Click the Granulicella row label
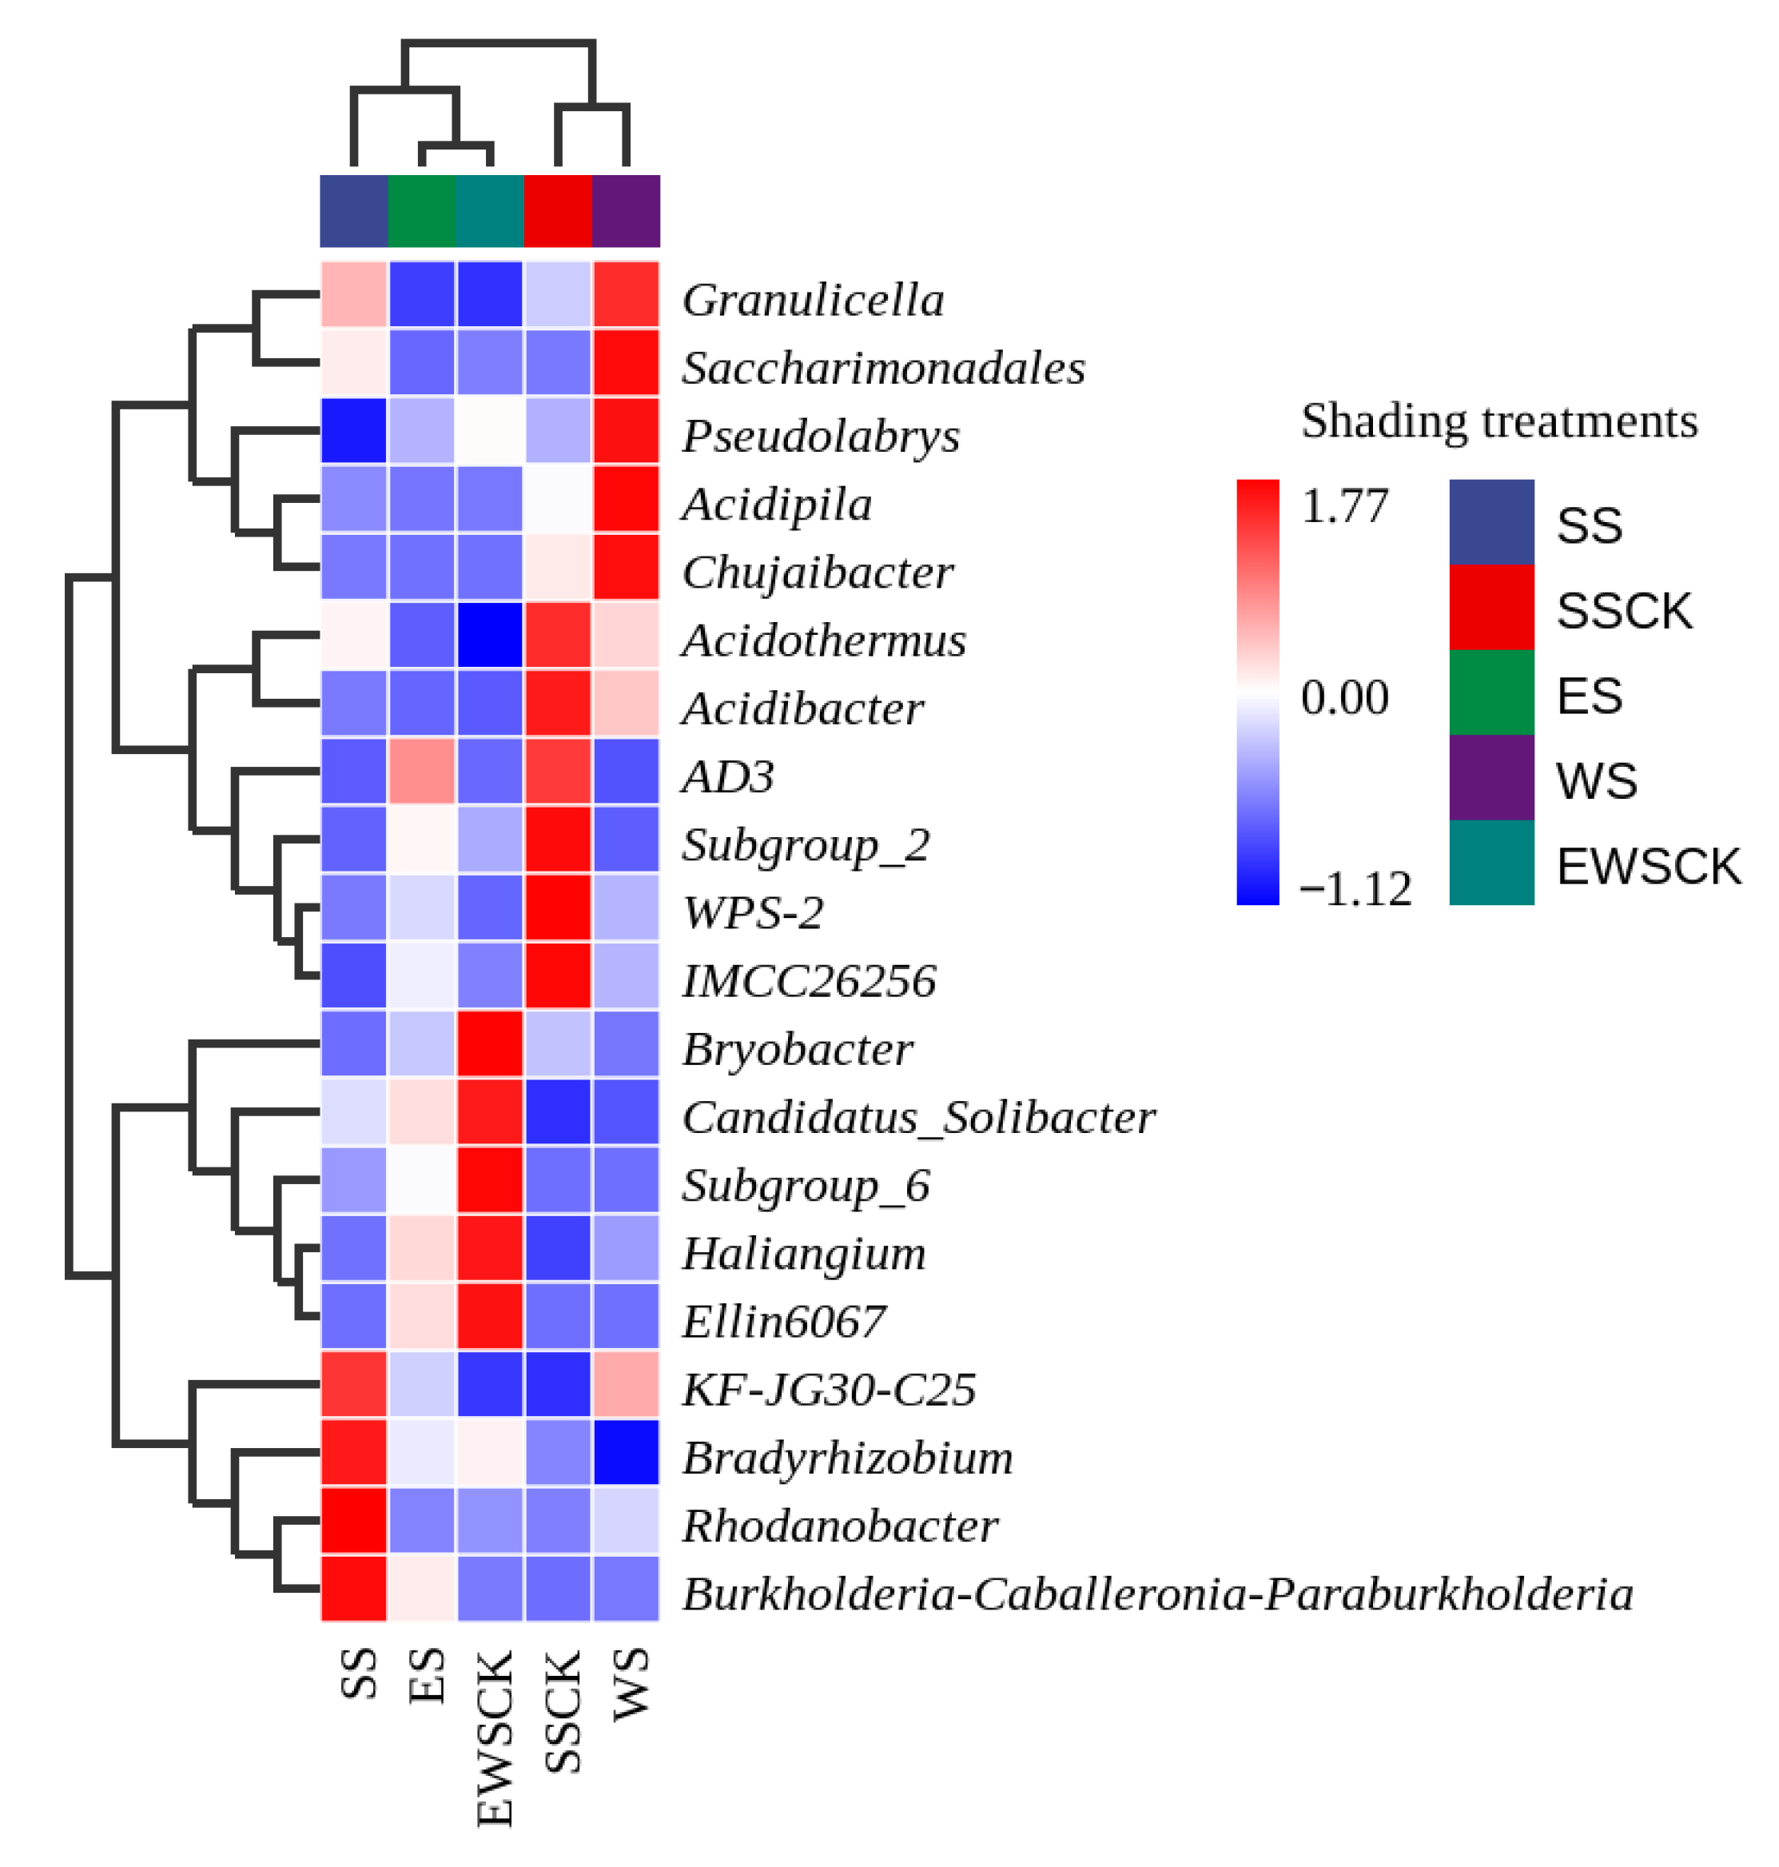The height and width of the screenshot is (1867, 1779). pos(813,300)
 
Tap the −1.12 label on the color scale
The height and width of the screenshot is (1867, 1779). pos(1355,889)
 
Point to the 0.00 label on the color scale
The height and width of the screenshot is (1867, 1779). pos(1345,697)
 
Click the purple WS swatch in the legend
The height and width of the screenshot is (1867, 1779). pos(1490,777)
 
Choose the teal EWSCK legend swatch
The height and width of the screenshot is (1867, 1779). pos(1490,863)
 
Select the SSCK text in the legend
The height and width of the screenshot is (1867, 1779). pos(1623,611)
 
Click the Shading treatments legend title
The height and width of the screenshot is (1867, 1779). pos(1498,421)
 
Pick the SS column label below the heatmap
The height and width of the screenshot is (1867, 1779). pos(359,1674)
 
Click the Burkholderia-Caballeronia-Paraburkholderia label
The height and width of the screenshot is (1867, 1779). pos(1157,1594)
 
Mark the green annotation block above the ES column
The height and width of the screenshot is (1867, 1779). pos(422,210)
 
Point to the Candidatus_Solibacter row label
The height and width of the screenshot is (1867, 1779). pos(918,1118)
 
